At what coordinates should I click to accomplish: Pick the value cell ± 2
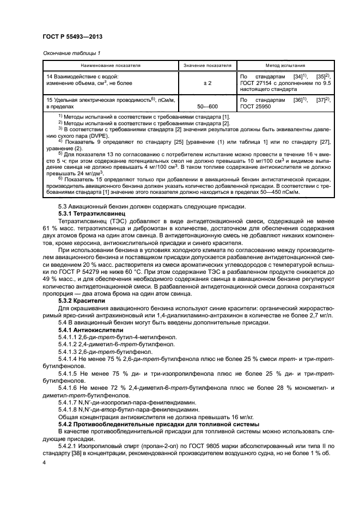(208, 82)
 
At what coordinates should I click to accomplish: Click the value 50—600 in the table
(208, 108)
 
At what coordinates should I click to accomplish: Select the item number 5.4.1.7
(70, 401)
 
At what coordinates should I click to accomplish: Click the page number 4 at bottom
(44, 461)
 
